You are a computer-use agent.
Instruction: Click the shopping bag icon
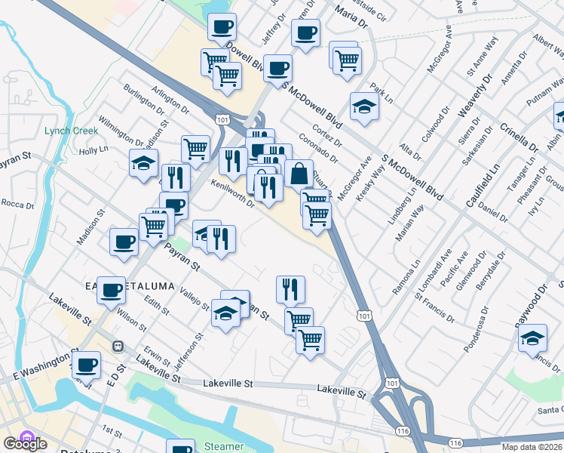pos(299,173)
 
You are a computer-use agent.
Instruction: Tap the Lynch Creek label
pos(72,131)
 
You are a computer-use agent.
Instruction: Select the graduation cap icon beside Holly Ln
pos(143,164)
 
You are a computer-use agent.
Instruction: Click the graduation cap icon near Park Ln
pos(364,106)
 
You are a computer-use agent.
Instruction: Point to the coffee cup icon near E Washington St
pos(86,365)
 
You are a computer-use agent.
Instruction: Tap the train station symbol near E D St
pos(118,346)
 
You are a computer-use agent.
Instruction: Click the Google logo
pos(25,443)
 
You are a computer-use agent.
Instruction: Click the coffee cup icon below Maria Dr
pos(306,33)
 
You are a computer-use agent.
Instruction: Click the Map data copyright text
pos(532,445)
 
